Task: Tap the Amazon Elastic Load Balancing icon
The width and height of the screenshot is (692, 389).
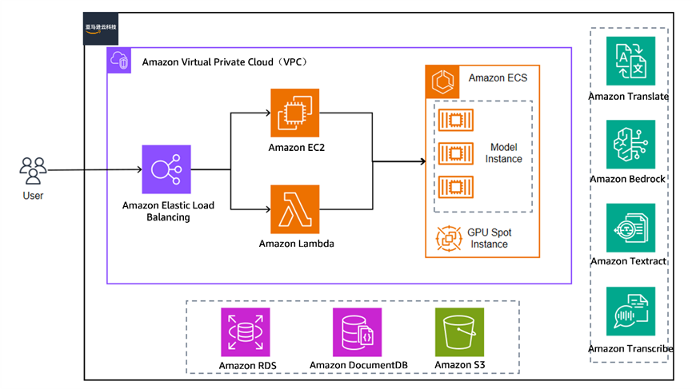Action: [166, 169]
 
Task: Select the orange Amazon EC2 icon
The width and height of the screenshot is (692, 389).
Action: [294, 113]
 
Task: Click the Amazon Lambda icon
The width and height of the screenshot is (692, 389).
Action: [294, 209]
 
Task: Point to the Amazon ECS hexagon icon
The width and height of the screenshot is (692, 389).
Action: [442, 80]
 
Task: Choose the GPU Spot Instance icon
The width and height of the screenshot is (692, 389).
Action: [446, 237]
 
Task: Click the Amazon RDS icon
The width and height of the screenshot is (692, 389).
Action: [245, 332]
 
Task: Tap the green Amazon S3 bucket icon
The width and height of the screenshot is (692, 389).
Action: [459, 332]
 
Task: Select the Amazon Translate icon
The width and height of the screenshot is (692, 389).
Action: [630, 61]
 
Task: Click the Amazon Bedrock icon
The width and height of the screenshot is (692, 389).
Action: [630, 145]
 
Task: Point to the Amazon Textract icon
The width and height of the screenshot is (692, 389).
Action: [630, 228]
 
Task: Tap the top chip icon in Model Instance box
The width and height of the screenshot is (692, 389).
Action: [458, 120]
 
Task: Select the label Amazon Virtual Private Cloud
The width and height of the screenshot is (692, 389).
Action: [224, 62]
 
